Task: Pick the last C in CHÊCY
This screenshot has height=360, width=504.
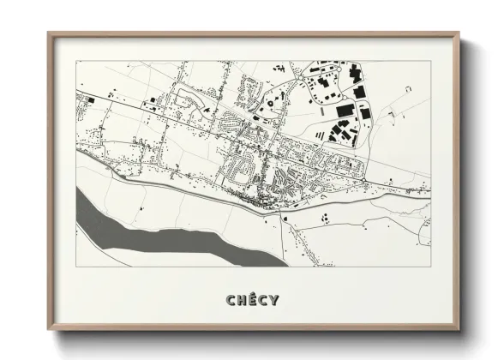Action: [262, 300]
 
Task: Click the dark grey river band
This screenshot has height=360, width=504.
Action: [154, 228]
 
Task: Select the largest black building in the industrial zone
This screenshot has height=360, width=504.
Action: [345, 111]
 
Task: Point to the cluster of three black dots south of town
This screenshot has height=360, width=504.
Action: [327, 218]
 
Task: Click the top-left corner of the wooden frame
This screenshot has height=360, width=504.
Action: [49, 33]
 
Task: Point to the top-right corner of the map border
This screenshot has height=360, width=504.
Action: [430, 62]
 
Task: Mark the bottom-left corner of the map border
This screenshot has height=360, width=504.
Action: [77, 266]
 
